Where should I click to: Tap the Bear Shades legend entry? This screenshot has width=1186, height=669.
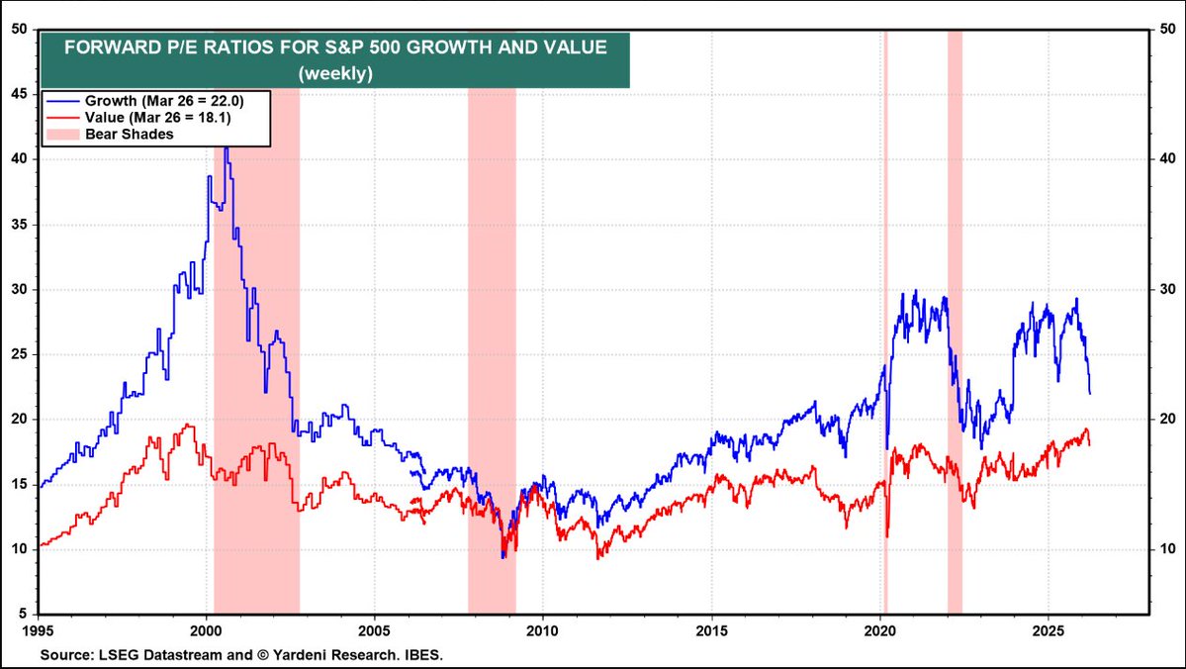(130, 135)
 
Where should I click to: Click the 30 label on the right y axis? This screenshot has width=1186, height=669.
(1166, 289)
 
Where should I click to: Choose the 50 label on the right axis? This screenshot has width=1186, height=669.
(1166, 30)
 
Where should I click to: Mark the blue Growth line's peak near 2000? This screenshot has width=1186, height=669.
(227, 147)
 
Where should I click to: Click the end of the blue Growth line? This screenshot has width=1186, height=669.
(1090, 393)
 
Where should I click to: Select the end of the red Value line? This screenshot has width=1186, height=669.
(1090, 444)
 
